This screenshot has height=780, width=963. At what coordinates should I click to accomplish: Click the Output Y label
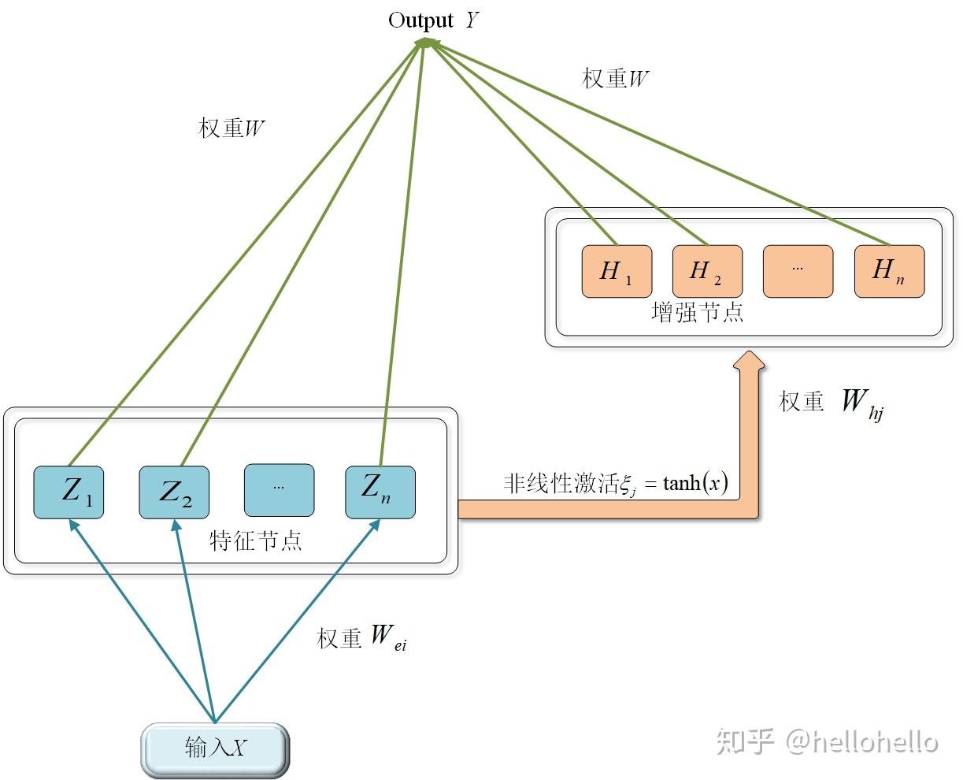click(x=433, y=20)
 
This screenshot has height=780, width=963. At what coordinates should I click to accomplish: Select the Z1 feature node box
click(x=69, y=492)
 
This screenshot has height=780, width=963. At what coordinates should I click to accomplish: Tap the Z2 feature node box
click(x=174, y=492)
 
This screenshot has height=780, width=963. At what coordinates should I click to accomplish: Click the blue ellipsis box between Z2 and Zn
click(x=279, y=489)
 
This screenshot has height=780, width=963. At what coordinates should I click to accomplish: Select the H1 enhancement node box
click(x=617, y=271)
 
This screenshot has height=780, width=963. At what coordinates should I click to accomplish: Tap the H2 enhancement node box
click(x=707, y=271)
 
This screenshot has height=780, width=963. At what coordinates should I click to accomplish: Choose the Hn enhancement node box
click(x=889, y=271)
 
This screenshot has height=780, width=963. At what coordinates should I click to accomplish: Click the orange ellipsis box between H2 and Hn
click(x=798, y=271)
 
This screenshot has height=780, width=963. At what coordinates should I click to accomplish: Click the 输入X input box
click(x=215, y=747)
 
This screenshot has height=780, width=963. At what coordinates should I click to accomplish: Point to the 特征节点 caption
click(x=256, y=540)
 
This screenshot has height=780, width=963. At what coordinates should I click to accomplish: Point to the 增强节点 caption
click(x=698, y=313)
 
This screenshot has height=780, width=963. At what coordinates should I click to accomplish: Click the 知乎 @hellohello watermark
click(x=827, y=741)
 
